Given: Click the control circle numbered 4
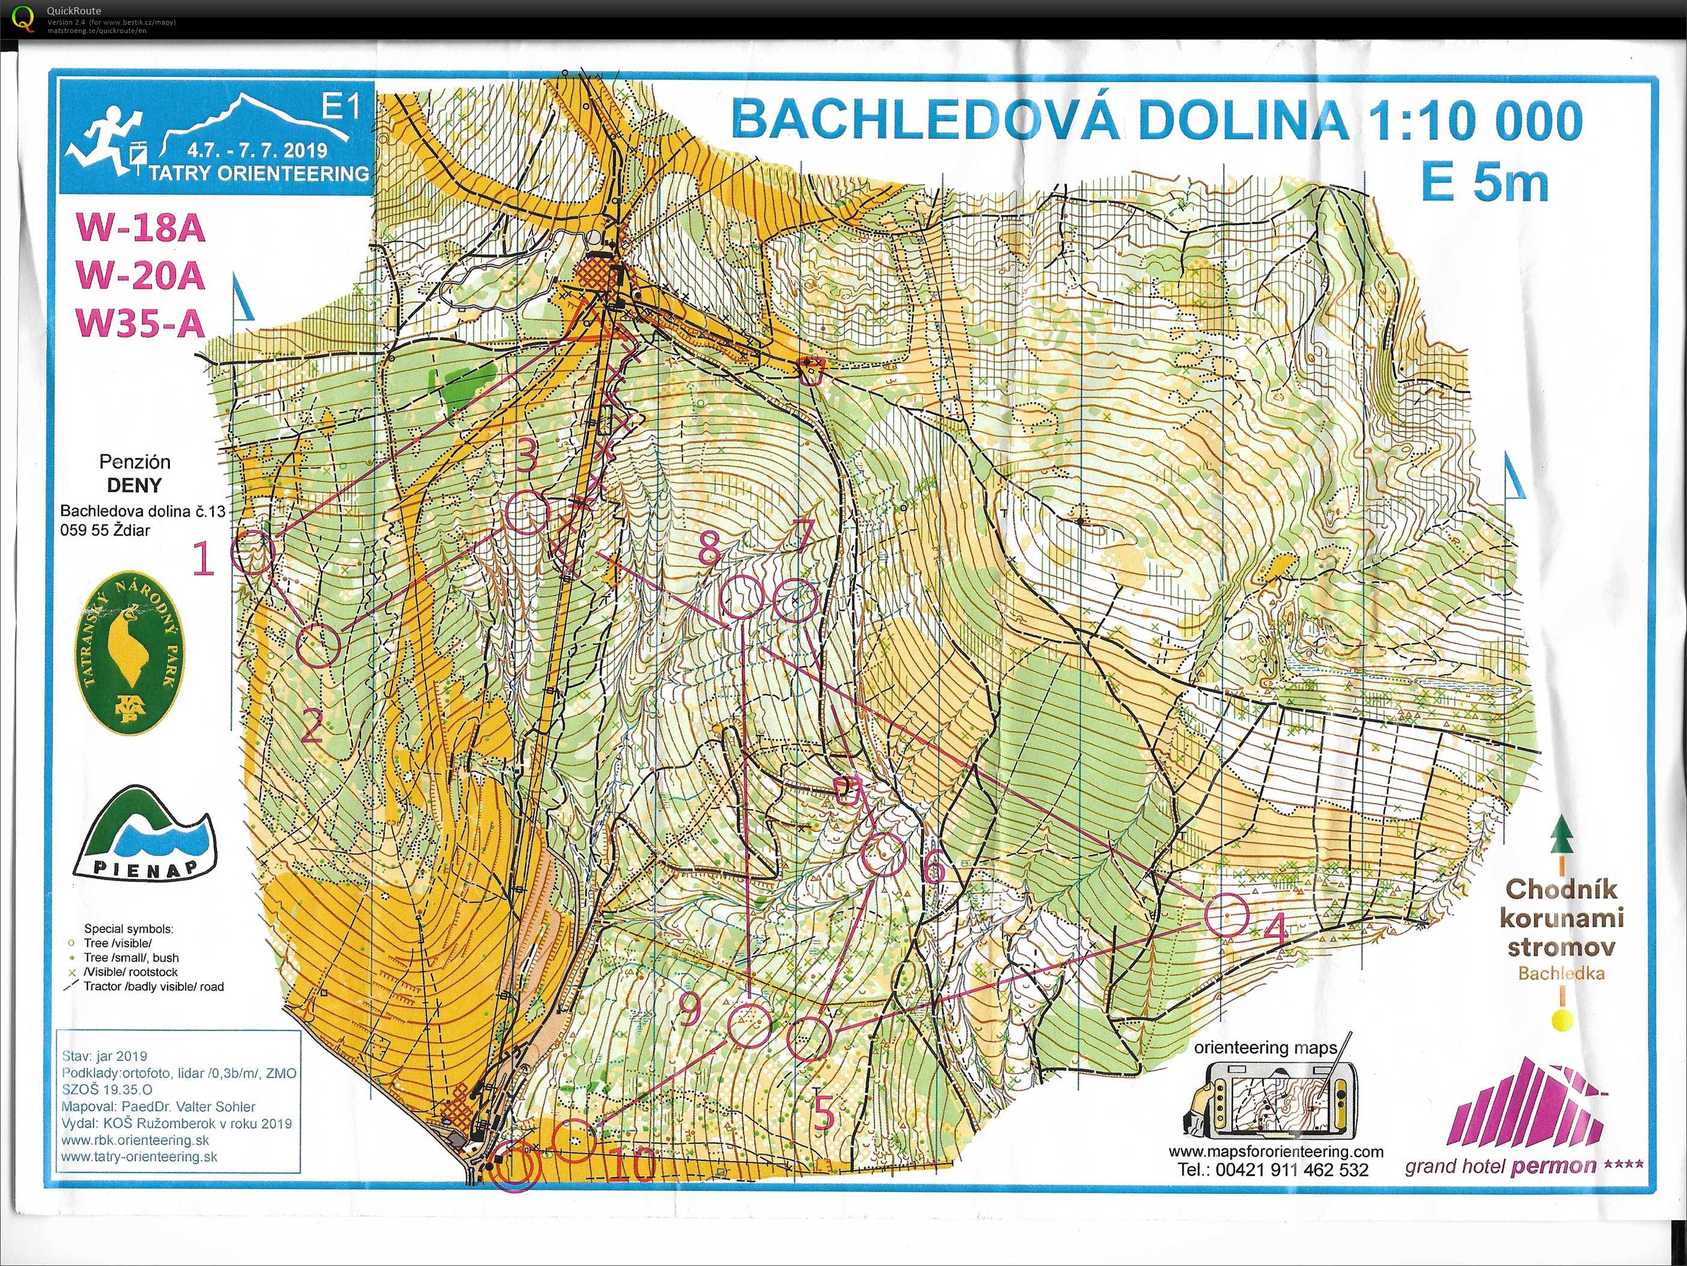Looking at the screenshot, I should [1227, 915].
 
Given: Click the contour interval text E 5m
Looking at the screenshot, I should [1484, 183].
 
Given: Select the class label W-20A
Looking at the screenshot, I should [140, 275].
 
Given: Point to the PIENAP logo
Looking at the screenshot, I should [145, 833].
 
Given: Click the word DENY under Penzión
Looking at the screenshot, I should [134, 485].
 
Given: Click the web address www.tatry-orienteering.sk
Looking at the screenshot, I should [139, 1157].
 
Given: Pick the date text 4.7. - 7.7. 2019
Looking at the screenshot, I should [261, 150].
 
